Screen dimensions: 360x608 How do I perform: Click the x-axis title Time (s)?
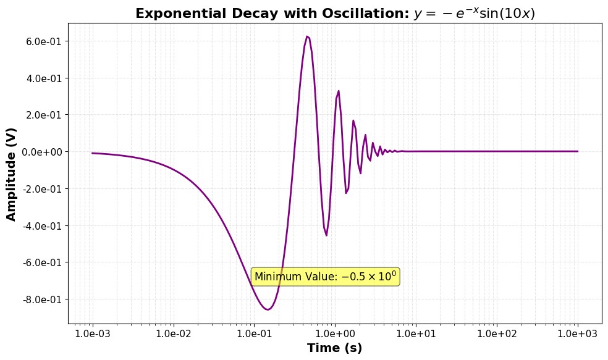(x=335, y=348)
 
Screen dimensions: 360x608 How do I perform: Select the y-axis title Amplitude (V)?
(x=11, y=174)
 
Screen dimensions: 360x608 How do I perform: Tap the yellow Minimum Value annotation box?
(x=326, y=277)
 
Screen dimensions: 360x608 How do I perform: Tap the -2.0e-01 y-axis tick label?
(x=42, y=189)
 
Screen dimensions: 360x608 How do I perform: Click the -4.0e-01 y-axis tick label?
(x=42, y=225)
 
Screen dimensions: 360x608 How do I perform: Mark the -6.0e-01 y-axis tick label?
(x=42, y=262)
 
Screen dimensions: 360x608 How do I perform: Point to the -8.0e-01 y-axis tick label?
(x=42, y=299)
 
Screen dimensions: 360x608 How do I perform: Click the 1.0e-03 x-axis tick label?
(x=92, y=333)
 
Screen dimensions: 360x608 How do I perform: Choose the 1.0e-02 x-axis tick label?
(x=173, y=333)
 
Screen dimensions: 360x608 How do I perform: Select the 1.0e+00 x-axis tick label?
(x=335, y=333)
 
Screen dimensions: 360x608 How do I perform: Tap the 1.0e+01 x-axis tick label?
(x=416, y=333)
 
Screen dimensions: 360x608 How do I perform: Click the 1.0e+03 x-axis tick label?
(x=578, y=333)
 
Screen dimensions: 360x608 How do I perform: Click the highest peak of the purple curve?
(x=307, y=36)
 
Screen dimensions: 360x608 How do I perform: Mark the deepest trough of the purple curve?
(x=268, y=309)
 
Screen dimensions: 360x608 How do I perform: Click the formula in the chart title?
(x=475, y=14)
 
